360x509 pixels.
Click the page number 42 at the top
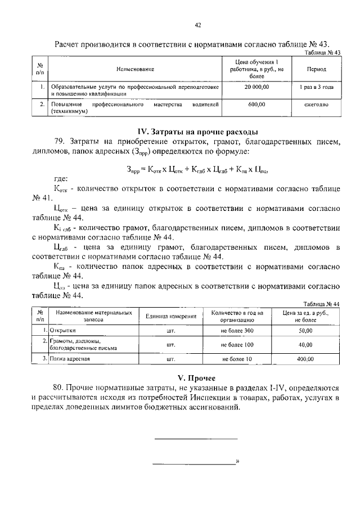pos(198,25)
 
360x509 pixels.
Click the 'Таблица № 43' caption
pos(322,52)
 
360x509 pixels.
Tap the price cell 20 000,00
pos(256,87)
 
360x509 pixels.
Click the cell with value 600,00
pos(256,105)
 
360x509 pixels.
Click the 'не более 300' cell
pos(237,331)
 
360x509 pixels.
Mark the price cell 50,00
pos(305,331)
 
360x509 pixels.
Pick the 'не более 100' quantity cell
pos(237,344)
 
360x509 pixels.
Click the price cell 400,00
pos(305,358)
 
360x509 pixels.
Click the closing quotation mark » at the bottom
pos(238,462)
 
